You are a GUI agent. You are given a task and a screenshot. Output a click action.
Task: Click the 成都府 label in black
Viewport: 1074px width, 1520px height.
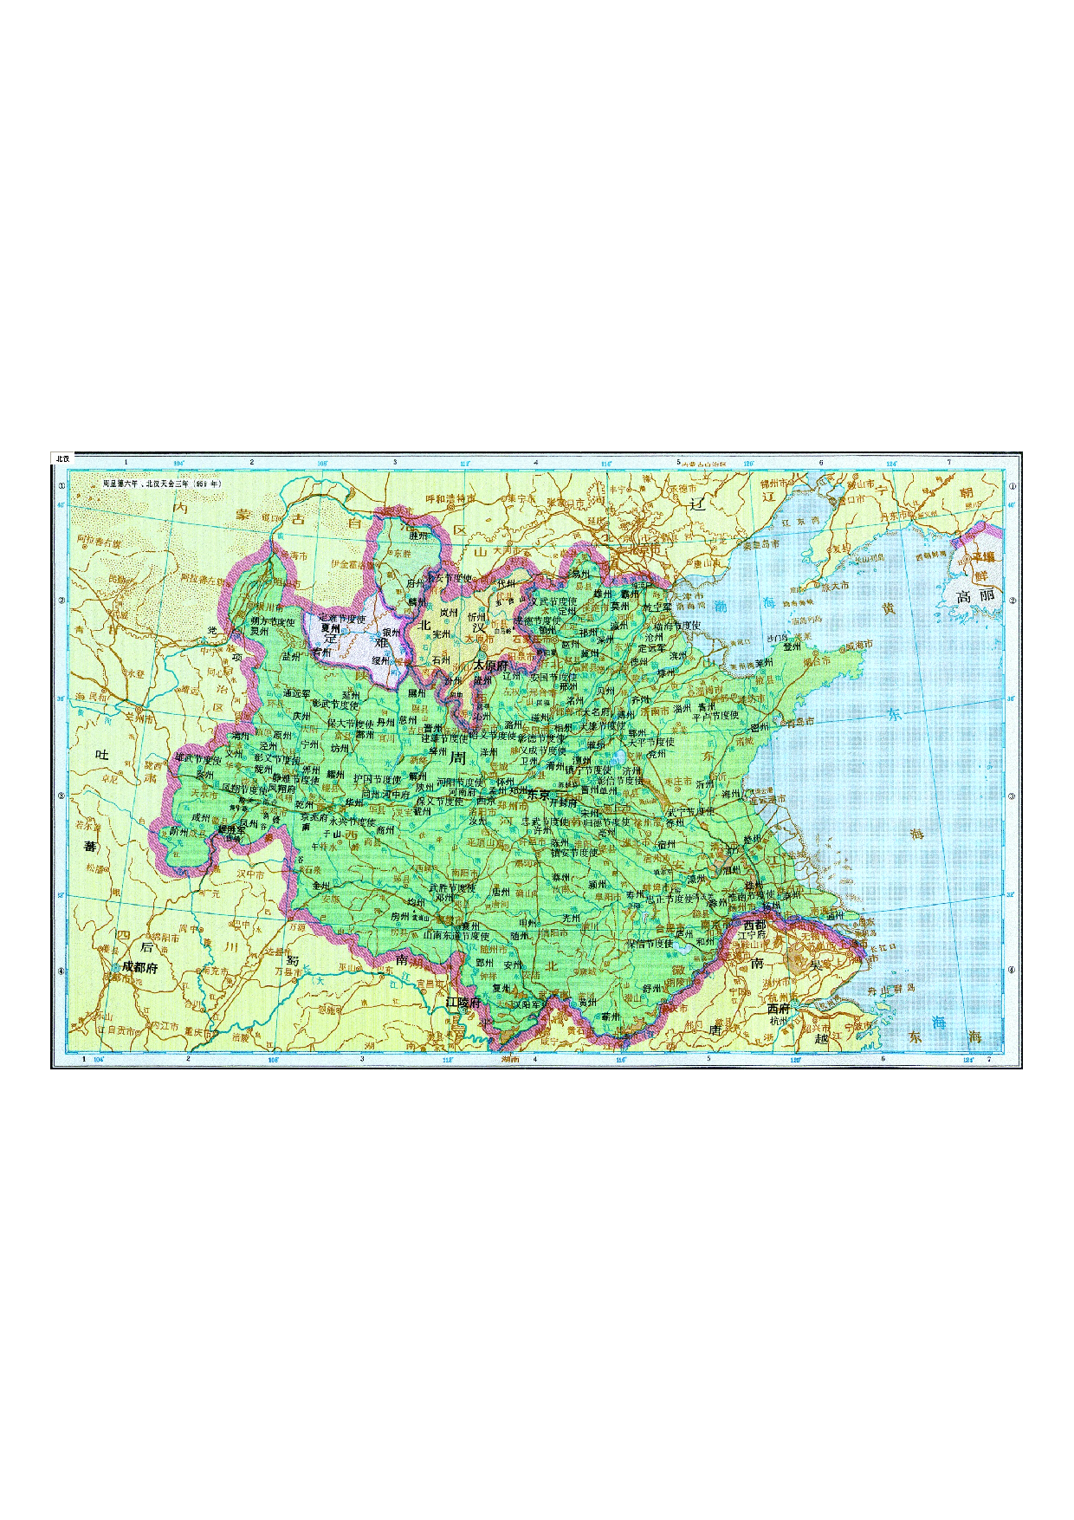point(139,968)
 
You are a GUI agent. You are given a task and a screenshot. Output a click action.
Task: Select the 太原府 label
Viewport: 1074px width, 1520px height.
point(490,666)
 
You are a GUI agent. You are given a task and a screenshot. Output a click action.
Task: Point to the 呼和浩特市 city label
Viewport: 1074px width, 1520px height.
point(451,498)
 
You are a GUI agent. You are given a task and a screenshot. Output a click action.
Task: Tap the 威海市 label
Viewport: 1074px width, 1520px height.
point(860,645)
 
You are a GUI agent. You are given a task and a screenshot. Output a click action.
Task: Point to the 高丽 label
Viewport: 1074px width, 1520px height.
point(975,596)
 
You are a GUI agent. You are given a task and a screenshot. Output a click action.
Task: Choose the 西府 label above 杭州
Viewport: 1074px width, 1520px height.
point(779,1009)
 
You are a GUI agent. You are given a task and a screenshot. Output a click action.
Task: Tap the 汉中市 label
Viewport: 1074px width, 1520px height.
point(250,874)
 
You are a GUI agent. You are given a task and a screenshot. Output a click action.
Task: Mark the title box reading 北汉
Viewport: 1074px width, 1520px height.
point(62,458)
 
